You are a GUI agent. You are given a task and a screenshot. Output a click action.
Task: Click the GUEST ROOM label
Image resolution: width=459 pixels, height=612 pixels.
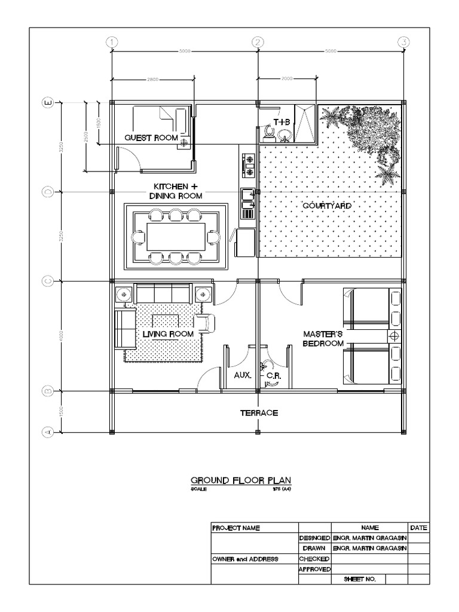click(151, 138)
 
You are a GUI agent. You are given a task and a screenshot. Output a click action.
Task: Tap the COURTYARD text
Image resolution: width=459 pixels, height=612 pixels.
click(326, 206)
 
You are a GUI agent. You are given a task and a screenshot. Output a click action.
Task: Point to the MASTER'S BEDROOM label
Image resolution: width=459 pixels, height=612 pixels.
click(323, 339)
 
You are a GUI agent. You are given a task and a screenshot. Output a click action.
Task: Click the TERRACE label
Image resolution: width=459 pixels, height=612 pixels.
click(259, 412)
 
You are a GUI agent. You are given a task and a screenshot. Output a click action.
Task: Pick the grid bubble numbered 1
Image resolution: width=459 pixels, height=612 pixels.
click(111, 41)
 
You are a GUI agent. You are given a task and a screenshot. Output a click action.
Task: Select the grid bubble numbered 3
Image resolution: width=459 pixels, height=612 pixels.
click(405, 41)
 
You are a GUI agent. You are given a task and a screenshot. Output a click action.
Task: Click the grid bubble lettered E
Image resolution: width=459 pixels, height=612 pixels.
click(48, 103)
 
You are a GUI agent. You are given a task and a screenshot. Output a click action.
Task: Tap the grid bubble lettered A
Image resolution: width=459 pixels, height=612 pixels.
click(48, 432)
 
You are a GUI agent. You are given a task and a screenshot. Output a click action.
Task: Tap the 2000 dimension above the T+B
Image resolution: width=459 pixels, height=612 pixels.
click(287, 78)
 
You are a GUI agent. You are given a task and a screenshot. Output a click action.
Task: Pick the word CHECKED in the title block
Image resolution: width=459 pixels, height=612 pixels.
click(314, 559)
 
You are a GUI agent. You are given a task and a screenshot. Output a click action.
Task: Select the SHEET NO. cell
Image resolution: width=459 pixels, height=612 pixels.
click(357, 580)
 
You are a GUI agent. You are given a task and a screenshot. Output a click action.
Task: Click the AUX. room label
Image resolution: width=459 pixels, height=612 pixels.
click(242, 375)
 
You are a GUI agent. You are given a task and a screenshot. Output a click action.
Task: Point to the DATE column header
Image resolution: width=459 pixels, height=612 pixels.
click(418, 528)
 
